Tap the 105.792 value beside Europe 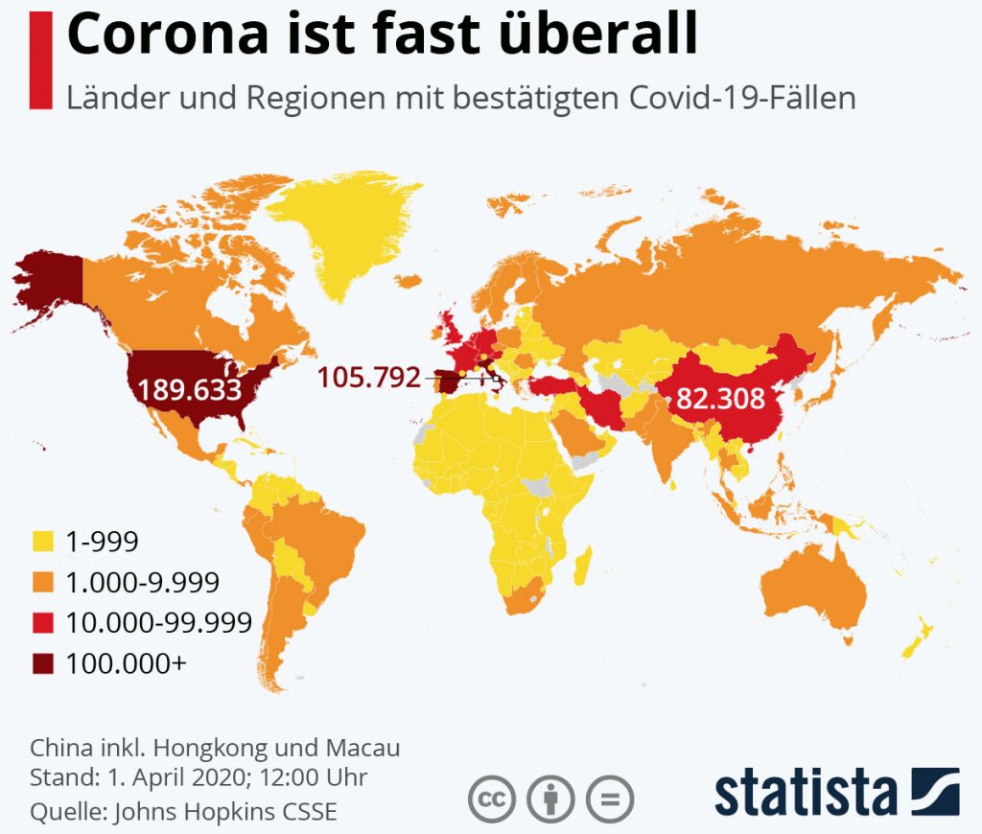coord(370,378)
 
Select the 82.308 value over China coord(720,398)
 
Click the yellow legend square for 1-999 coord(43,543)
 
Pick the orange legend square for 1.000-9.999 coord(43,582)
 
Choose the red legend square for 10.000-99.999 coord(43,622)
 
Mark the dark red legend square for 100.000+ coord(43,662)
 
